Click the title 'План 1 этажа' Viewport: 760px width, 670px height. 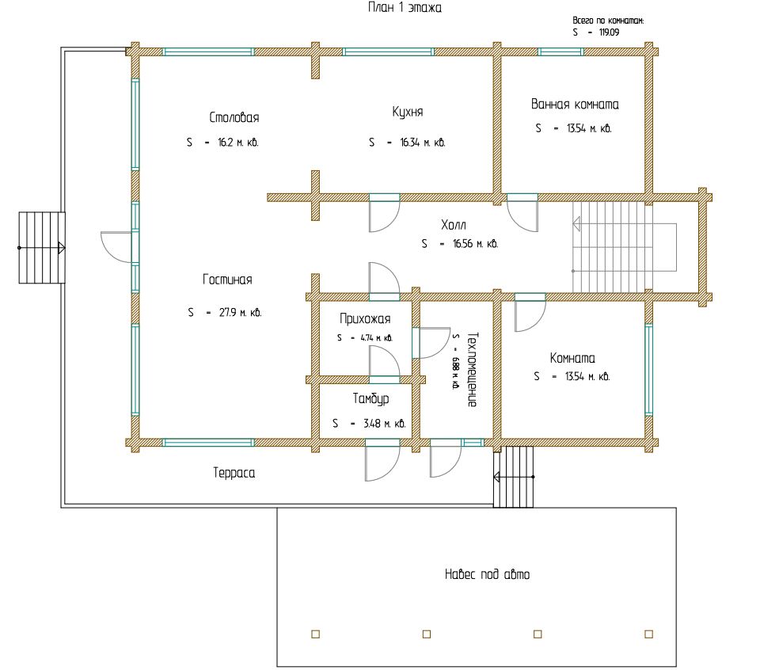click(x=405, y=8)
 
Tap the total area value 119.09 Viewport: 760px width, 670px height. click(x=610, y=32)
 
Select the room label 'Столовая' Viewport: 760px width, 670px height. click(x=234, y=117)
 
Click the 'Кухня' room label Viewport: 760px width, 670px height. click(x=408, y=112)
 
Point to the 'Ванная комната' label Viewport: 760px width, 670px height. click(x=575, y=105)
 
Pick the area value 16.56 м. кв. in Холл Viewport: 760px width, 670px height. click(x=476, y=244)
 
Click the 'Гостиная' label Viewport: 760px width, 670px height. click(x=227, y=280)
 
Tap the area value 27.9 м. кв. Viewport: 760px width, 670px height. click(x=241, y=313)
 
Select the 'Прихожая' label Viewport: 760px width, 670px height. click(x=365, y=319)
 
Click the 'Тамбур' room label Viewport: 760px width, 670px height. click(x=370, y=398)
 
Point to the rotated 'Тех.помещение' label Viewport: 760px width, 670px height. click(x=473, y=369)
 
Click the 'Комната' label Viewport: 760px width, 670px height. click(x=572, y=358)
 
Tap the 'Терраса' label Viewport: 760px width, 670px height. click(x=234, y=473)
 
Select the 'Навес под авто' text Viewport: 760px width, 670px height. click(x=487, y=574)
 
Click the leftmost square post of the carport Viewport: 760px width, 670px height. click(x=316, y=634)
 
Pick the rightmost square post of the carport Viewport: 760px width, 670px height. click(x=649, y=634)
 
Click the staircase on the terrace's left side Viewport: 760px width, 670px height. click(x=42, y=248)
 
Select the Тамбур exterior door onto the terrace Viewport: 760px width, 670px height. click(x=382, y=461)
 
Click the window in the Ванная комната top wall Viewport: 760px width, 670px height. click(x=560, y=52)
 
